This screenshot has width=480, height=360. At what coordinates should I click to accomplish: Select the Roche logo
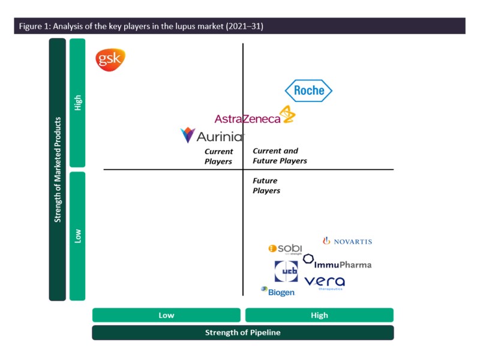pos(308,91)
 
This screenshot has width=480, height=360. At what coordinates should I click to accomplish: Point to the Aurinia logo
pos(212,136)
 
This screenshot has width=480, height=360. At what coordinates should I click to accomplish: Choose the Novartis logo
pos(347,241)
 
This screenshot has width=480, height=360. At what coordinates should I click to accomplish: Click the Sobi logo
pos(285,249)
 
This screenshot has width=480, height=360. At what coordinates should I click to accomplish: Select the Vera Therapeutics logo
pos(325,282)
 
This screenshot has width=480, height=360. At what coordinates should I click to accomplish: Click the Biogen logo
pos(278,292)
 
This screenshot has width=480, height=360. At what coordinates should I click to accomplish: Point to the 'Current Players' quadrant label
pos(218,157)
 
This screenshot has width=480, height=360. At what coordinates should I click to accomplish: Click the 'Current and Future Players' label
pos(280,156)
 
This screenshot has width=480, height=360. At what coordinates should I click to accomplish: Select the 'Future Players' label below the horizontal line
pos(266,185)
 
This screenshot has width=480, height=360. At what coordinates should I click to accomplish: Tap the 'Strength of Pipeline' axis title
pos(242,332)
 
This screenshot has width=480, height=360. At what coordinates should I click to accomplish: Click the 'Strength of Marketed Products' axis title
pos(58,169)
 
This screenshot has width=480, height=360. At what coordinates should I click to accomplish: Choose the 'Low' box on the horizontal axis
pos(166,315)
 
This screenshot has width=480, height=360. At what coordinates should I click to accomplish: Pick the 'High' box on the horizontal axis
pos(319,315)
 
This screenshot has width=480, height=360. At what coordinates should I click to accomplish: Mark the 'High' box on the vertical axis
pos(77,103)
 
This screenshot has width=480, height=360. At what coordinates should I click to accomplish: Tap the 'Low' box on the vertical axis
pos(77,236)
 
